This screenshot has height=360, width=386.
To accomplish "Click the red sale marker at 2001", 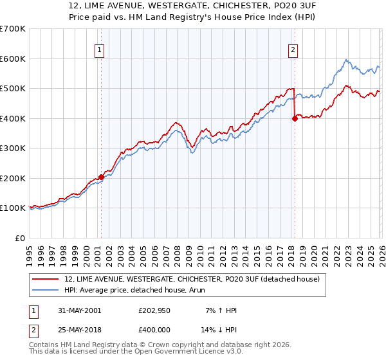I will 101,177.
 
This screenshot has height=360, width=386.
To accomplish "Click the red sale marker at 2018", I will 294,118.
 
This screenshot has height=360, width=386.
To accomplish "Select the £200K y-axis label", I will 13,179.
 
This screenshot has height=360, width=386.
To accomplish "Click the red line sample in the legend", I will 47,279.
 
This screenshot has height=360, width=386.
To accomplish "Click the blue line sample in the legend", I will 47,290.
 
